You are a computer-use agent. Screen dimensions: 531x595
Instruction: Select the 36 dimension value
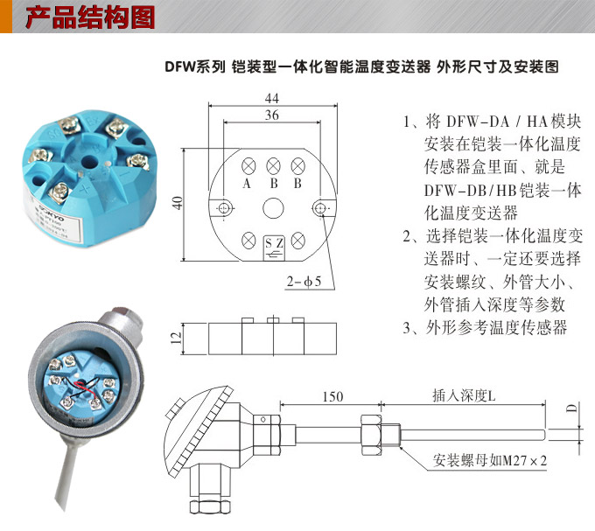[x=272, y=115]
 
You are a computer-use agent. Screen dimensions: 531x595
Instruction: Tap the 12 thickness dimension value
[x=174, y=337]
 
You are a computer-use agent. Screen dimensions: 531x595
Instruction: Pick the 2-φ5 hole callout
[x=304, y=282]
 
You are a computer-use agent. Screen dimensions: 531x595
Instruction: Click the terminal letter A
[x=248, y=184]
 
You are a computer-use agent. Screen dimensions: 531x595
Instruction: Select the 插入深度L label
[x=463, y=396]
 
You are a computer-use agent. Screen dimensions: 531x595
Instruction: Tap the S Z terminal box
[x=273, y=245]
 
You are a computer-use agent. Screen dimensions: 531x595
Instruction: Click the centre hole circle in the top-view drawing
[x=273, y=207]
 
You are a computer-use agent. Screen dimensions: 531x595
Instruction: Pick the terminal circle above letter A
[x=248, y=164]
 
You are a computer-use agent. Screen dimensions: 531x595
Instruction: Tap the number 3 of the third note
[x=408, y=328]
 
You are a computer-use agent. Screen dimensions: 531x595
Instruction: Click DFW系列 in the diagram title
[x=195, y=66]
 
